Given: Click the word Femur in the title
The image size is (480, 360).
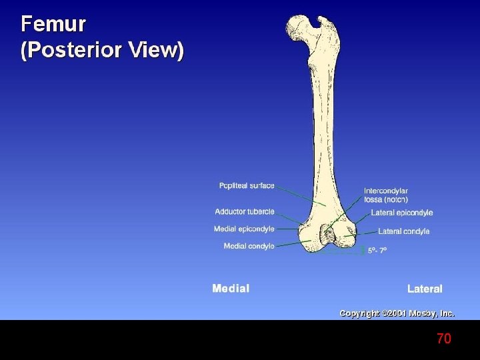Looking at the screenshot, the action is click(x=53, y=25).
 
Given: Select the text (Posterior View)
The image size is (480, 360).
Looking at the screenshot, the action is click(x=102, y=51).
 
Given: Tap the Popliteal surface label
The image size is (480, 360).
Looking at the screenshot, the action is click(x=247, y=185).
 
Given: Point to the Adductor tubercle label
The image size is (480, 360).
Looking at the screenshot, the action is click(x=244, y=211).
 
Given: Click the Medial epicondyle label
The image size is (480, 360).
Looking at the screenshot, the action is click(x=244, y=229).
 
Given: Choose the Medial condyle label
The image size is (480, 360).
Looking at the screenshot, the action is click(x=249, y=246).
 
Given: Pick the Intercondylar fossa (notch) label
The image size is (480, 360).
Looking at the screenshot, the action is click(x=386, y=195).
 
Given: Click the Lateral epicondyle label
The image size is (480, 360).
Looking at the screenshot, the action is click(x=401, y=213).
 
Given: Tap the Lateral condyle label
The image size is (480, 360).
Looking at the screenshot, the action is click(x=403, y=231).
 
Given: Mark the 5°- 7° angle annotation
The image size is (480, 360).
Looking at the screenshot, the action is click(x=377, y=251).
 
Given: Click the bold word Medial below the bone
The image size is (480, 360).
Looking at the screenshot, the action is click(x=231, y=289).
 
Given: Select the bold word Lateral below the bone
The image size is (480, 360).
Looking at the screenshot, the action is click(x=425, y=289).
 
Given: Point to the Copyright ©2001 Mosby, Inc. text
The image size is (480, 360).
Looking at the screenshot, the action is click(x=397, y=313).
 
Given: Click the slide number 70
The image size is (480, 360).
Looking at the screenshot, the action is click(x=444, y=339).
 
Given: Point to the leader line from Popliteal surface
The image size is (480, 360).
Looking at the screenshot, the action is click(x=300, y=195).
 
